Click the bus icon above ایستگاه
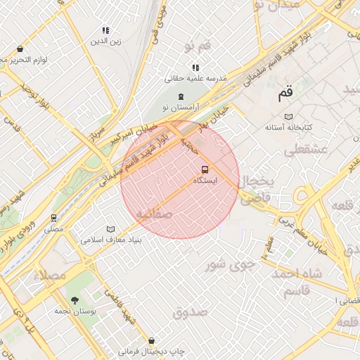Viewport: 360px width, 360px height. point(205,170)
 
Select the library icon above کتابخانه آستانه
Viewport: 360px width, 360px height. point(288,117)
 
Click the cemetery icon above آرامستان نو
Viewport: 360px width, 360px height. point(181,96)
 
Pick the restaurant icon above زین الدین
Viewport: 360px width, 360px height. point(105,30)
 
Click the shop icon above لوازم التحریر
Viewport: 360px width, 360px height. point(20,49)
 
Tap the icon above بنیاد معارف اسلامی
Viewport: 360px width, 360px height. point(109,229)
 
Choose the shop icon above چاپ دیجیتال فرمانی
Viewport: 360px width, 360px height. point(152,340)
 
